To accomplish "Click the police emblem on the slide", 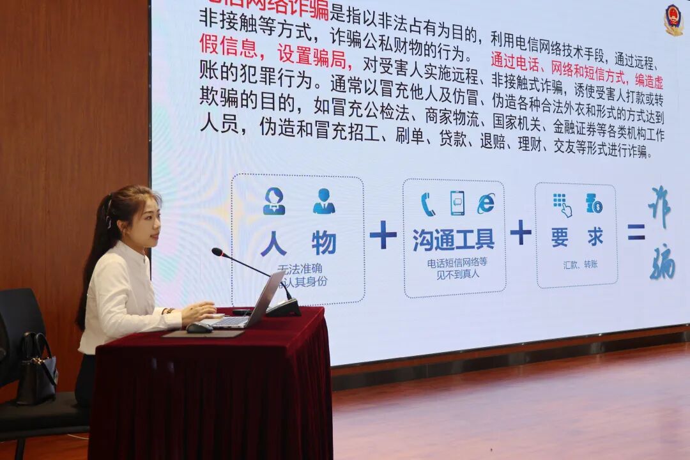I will (x=673, y=19).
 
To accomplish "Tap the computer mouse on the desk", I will (x=199, y=328).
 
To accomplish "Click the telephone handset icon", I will (x=427, y=204).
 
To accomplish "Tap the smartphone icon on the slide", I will (x=457, y=203).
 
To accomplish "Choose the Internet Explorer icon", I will (x=486, y=203).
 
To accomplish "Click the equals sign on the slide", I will (x=636, y=233).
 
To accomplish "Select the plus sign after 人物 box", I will (x=383, y=235).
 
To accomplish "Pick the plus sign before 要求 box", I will (x=521, y=232).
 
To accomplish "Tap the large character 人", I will (x=273, y=243).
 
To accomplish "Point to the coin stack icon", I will (x=594, y=203).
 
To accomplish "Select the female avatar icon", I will (x=274, y=201).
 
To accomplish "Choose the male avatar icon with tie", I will (x=324, y=201).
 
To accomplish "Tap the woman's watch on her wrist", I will (x=169, y=311).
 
